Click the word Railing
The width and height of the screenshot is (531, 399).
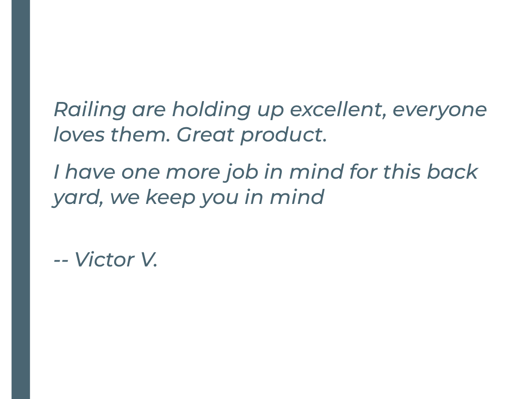point(90,110)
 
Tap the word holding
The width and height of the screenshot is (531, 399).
point(211,110)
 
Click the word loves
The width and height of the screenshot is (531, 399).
point(79,134)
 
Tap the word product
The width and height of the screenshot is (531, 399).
point(284,136)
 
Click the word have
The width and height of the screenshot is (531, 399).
point(90,172)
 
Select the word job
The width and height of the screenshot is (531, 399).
point(242,172)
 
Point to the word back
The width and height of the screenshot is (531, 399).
point(452,172)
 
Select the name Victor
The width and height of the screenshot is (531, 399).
point(104,259)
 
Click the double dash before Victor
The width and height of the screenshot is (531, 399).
point(61,261)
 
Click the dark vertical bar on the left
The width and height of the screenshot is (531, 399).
point(21,199)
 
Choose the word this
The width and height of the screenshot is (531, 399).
point(402,172)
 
